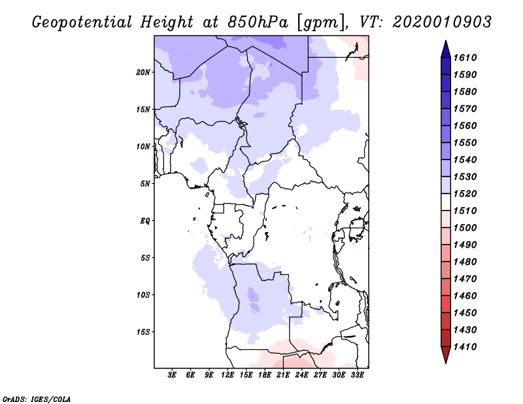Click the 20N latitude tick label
[x=144, y=72]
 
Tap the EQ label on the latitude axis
[x=145, y=220]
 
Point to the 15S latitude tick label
[x=144, y=331]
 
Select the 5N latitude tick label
[x=146, y=184]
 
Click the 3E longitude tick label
[x=172, y=376]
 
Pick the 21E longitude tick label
[x=283, y=376]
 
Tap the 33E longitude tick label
[x=357, y=376]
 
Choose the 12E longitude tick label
[x=228, y=376]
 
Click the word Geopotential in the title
[x=82, y=22]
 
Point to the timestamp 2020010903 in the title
[x=442, y=22]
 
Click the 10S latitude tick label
[x=144, y=295]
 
